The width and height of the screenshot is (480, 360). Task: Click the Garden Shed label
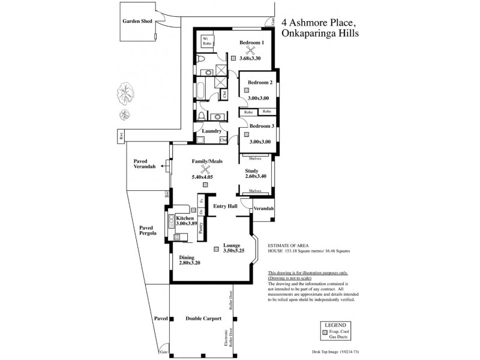pyautogui.click(x=137, y=21)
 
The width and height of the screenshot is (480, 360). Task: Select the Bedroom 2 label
pyautogui.click(x=261, y=82)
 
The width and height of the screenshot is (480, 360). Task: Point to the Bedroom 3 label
pyautogui.click(x=262, y=126)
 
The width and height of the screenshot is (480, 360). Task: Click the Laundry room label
pyautogui.click(x=212, y=131)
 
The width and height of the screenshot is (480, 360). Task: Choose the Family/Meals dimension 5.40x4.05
pyautogui.click(x=202, y=177)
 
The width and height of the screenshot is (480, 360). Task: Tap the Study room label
pyautogui.click(x=251, y=170)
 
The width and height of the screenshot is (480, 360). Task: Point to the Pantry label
pyautogui.click(x=202, y=227)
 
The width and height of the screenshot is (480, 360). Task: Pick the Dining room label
pyautogui.click(x=187, y=258)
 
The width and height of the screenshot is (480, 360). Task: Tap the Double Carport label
pyautogui.click(x=203, y=319)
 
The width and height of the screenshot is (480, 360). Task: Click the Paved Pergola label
pyautogui.click(x=148, y=231)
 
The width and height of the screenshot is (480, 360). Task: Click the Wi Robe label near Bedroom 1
pyautogui.click(x=206, y=41)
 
